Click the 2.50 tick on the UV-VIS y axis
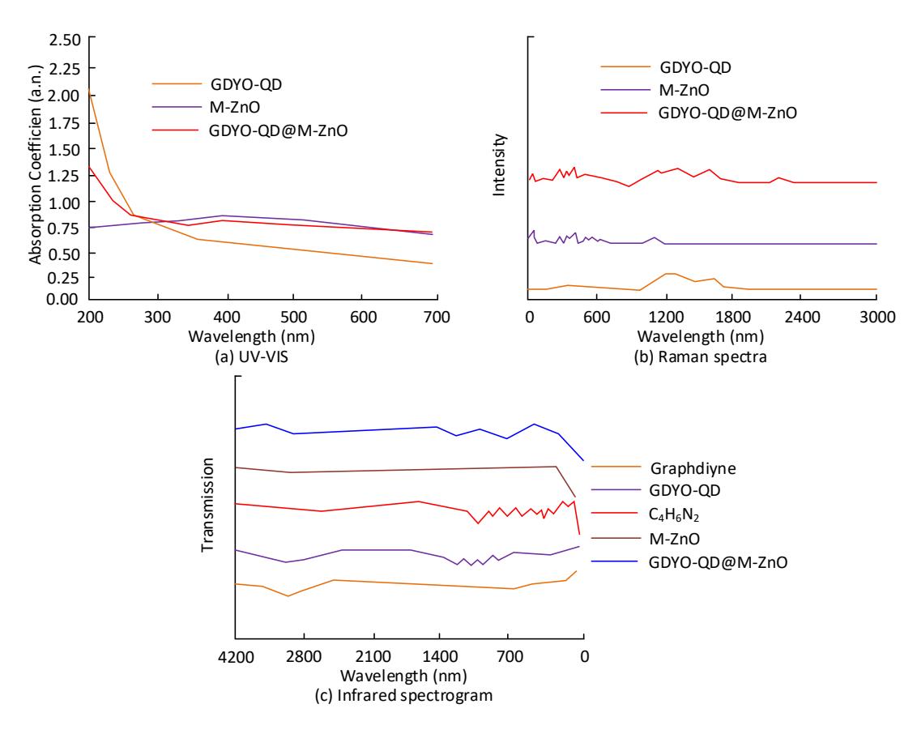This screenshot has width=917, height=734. click(65, 41)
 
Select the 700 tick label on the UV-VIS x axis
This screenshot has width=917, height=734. click(437, 317)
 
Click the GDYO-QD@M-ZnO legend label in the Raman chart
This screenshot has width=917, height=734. click(727, 113)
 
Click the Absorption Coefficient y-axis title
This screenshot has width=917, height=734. click(36, 164)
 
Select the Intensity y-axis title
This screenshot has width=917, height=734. click(499, 164)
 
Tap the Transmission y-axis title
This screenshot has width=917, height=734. click(207, 505)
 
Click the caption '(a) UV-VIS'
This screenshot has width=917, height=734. click(251, 356)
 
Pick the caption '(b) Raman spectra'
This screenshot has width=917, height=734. click(700, 356)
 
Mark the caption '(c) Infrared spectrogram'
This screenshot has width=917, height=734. click(403, 695)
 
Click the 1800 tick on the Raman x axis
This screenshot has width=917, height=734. click(733, 317)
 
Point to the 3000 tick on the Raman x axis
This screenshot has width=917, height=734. click(877, 317)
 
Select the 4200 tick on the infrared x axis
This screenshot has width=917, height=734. click(236, 656)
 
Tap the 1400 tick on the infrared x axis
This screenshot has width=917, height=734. click(440, 656)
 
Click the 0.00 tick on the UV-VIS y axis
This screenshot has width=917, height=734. click(62, 299)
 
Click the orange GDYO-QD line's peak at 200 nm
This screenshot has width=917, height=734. click(89, 89)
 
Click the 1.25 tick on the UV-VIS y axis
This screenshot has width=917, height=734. click(64, 176)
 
